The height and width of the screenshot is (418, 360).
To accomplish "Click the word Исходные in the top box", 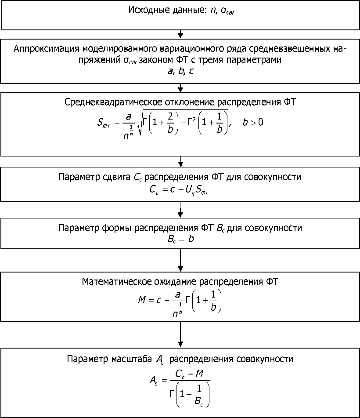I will pyautogui.click(x=147, y=10).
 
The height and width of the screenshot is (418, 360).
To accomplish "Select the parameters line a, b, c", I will pyautogui.click(x=180, y=71).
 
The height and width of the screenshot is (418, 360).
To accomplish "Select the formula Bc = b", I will pyautogui.click(x=180, y=239).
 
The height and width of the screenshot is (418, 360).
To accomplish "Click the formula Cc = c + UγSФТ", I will pyautogui.click(x=180, y=189).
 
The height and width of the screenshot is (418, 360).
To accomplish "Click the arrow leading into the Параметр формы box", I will pyautogui.click(x=180, y=210).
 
